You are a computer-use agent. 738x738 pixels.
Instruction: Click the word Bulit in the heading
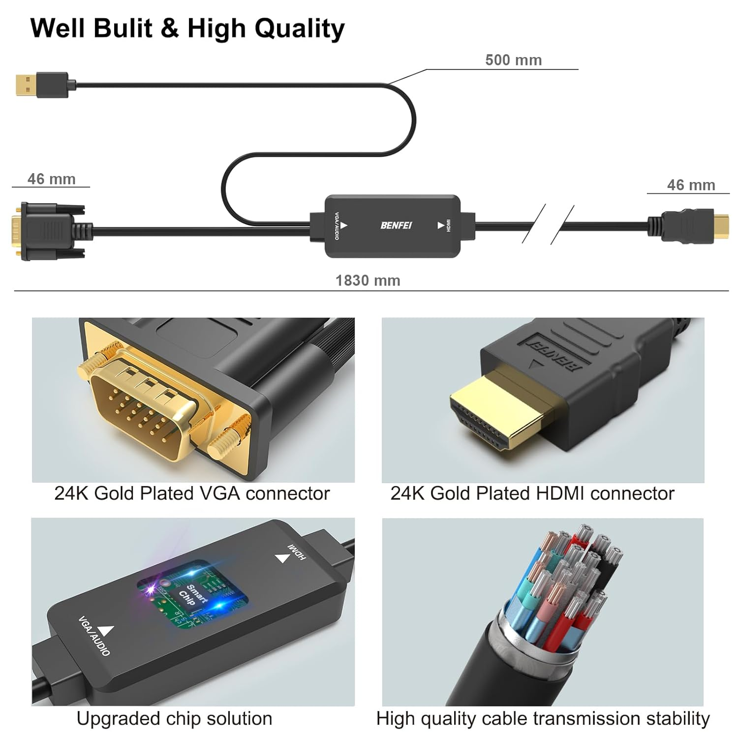122,28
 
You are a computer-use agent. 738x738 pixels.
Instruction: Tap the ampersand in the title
169,29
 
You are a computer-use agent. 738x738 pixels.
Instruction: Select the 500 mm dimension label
513,60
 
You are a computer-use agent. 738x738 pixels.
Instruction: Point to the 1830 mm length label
368,280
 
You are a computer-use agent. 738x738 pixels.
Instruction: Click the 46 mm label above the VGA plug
51,179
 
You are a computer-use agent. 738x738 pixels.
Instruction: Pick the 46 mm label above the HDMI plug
691,185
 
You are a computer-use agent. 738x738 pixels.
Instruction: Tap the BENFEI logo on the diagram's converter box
396,225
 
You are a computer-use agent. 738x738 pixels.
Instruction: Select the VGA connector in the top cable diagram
49,230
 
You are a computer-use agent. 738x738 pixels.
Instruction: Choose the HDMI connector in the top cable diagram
689,226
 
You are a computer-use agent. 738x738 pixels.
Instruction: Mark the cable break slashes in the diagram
548,224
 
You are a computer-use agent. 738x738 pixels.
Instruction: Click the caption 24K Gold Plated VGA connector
192,493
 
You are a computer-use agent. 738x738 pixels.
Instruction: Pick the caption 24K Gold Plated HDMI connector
532,493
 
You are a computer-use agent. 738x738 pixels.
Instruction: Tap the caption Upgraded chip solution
174,719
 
